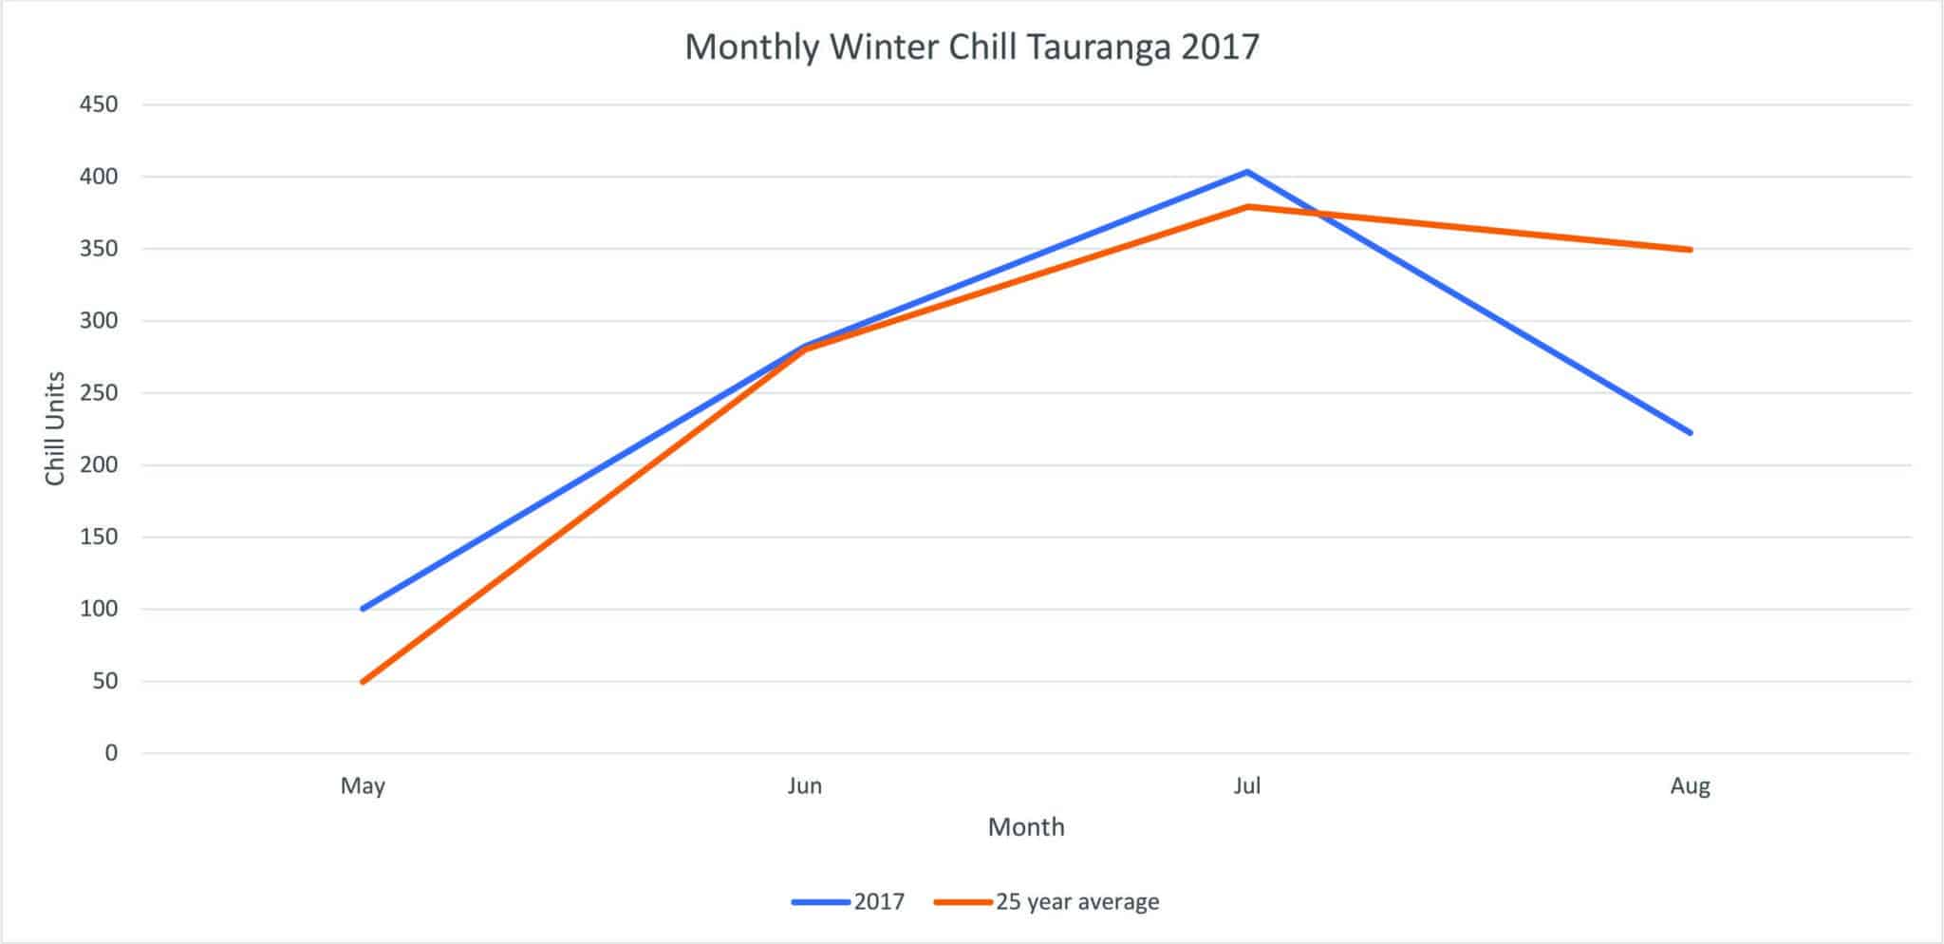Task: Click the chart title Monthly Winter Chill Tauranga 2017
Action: coord(971,47)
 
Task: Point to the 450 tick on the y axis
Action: coord(98,104)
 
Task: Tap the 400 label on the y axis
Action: coord(98,177)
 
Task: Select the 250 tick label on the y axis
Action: coord(98,393)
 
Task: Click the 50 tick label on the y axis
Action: coord(105,681)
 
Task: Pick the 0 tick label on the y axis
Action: coord(111,753)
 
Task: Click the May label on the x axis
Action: coord(363,786)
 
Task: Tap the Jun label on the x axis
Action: coord(805,786)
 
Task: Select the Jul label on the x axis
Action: coord(1246,786)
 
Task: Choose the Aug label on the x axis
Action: coord(1690,786)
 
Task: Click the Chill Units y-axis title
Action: coord(55,428)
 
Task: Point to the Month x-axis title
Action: coord(1026,827)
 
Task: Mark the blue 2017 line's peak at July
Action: coord(1246,172)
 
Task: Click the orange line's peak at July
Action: coord(1246,206)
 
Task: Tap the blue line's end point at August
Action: coord(1690,433)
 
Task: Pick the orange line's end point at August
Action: coord(1690,250)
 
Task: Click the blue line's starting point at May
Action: coord(363,609)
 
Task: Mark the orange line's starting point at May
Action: coord(363,682)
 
